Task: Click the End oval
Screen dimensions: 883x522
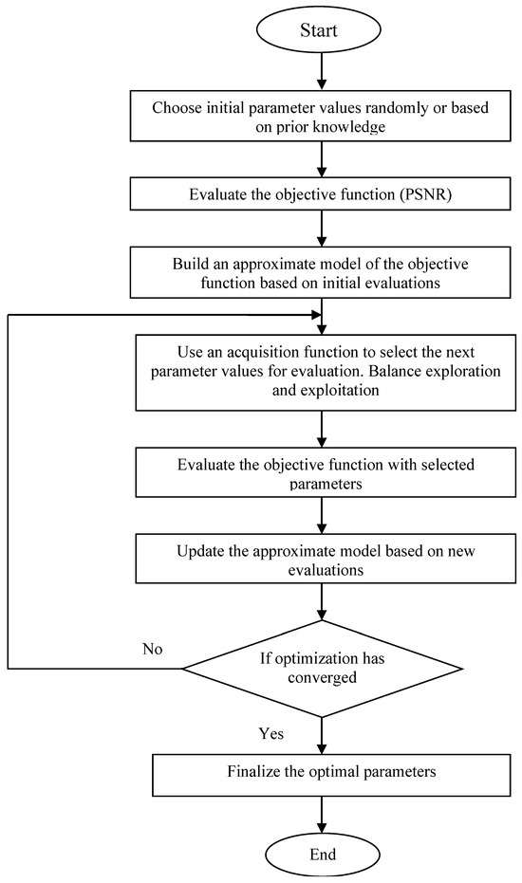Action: (324, 855)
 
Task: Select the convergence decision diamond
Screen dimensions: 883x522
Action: (324, 667)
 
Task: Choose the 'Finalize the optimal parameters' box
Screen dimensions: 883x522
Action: (324, 773)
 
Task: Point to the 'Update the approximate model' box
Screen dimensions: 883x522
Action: (324, 557)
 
